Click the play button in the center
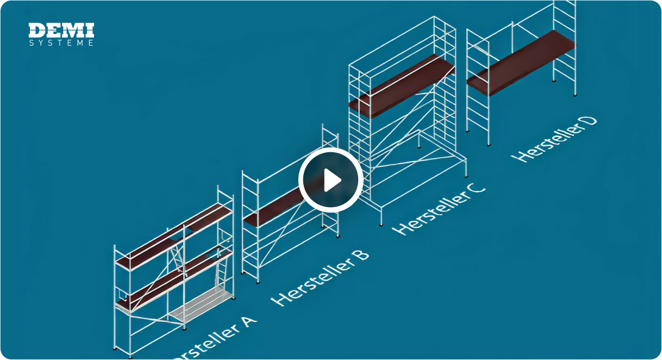pos(330,179)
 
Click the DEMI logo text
pos(61,30)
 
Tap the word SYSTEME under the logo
pos(61,43)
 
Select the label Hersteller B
pos(320,277)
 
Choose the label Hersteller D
pos(554,138)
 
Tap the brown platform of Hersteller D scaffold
pos(521,63)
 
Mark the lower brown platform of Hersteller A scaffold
pos(174,280)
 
